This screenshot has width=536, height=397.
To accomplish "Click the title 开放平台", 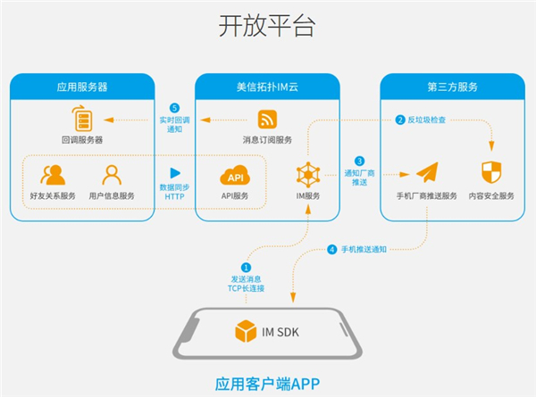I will pyautogui.click(x=267, y=25).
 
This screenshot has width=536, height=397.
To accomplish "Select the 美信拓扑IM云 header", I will pyautogui.click(x=268, y=87).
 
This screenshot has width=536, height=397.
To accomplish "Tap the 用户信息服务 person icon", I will pyautogui.click(x=112, y=174).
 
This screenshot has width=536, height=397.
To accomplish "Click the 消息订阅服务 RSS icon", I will pyautogui.click(x=267, y=119).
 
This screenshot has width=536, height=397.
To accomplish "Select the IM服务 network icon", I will pyautogui.click(x=307, y=174).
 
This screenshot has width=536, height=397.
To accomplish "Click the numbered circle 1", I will pyautogui.click(x=247, y=266).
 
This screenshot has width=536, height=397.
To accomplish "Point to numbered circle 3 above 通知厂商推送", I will pyautogui.click(x=359, y=161).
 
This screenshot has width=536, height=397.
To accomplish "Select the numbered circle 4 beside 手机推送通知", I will pyautogui.click(x=332, y=250).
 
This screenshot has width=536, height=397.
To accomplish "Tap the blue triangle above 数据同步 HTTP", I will pyautogui.click(x=175, y=173).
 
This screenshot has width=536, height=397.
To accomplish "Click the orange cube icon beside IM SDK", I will pyautogui.click(x=244, y=332).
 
